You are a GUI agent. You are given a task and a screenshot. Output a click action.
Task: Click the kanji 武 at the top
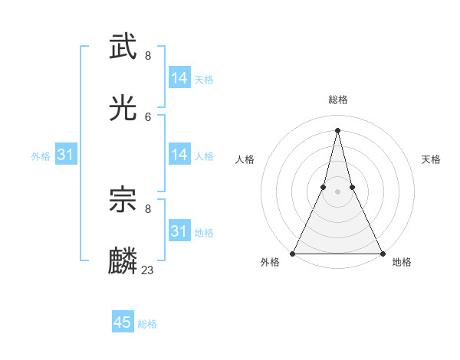pyautogui.click(x=123, y=47)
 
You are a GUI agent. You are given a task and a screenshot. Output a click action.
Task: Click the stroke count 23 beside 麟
pyautogui.click(x=148, y=270)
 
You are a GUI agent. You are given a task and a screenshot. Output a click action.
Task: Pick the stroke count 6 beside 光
pyautogui.click(x=148, y=116)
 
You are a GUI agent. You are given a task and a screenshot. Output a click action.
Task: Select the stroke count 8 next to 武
pyautogui.click(x=148, y=55)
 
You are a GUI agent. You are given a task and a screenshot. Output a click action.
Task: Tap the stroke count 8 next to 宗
pyautogui.click(x=148, y=208)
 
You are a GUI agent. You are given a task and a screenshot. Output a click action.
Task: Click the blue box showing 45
pyautogui.click(x=123, y=322)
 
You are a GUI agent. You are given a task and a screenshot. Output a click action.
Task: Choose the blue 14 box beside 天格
pyautogui.click(x=179, y=78)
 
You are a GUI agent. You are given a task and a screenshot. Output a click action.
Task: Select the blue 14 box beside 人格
pyautogui.click(x=179, y=155)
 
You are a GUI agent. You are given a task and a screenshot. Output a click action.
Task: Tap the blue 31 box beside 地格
pyautogui.click(x=179, y=231)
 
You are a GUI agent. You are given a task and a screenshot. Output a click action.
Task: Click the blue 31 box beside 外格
pyautogui.click(x=66, y=155)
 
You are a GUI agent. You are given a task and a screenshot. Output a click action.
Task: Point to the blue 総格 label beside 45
pyautogui.click(x=147, y=324)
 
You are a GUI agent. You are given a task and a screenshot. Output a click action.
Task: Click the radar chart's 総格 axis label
pyautogui.click(x=338, y=100)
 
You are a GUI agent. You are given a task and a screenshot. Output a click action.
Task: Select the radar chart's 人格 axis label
pyautogui.click(x=245, y=159)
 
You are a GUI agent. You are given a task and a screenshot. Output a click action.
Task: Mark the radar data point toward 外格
pyautogui.click(x=294, y=253)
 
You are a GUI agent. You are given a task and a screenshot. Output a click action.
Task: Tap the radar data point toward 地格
pyautogui.click(x=382, y=253)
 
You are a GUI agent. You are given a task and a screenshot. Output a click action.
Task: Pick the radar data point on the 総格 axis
pyautogui.click(x=338, y=129)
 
